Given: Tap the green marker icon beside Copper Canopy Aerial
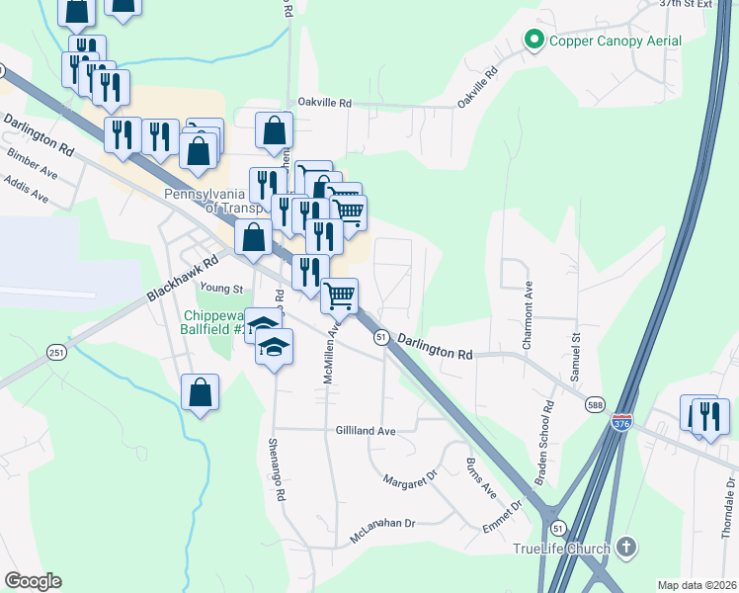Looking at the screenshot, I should (534, 41).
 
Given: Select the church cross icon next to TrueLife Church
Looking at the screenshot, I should (625, 547).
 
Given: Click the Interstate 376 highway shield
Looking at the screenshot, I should (621, 422).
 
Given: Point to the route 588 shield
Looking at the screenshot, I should (594, 404).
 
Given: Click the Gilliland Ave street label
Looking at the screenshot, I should (366, 431).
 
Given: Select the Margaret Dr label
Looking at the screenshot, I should (410, 480).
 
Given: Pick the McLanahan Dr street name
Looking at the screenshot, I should (382, 532).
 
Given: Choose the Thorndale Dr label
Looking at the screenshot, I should (728, 505).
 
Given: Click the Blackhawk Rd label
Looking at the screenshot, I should (182, 281).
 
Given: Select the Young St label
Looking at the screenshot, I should (221, 289).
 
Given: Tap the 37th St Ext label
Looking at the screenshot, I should (692, 4).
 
